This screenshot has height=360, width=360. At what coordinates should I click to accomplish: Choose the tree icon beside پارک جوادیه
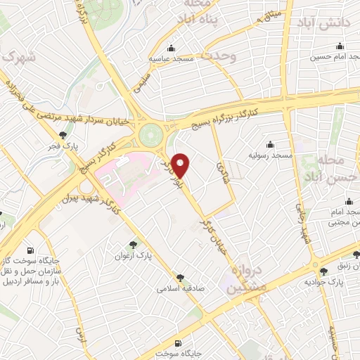pyautogui.click(x=323, y=271)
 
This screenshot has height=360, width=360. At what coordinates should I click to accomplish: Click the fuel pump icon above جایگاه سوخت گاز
pyautogui.click(x=30, y=250)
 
